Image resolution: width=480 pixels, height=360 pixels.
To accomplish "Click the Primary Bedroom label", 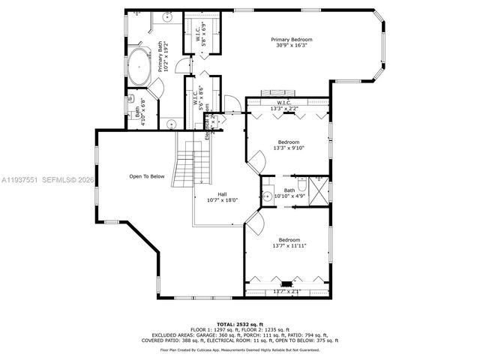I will click(x=291, y=39).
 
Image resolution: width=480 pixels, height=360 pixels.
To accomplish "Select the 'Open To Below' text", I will click(x=146, y=177).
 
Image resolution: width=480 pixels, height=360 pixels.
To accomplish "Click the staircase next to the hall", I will click(x=187, y=166).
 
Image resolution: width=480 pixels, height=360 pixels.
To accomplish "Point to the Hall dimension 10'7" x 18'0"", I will click(x=222, y=200).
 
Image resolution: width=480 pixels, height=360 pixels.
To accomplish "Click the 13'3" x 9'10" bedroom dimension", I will click(x=289, y=148).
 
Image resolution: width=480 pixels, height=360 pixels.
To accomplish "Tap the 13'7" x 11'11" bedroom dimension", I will click(x=289, y=245).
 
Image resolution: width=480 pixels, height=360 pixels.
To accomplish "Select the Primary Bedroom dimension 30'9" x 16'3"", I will click(x=291, y=46).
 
